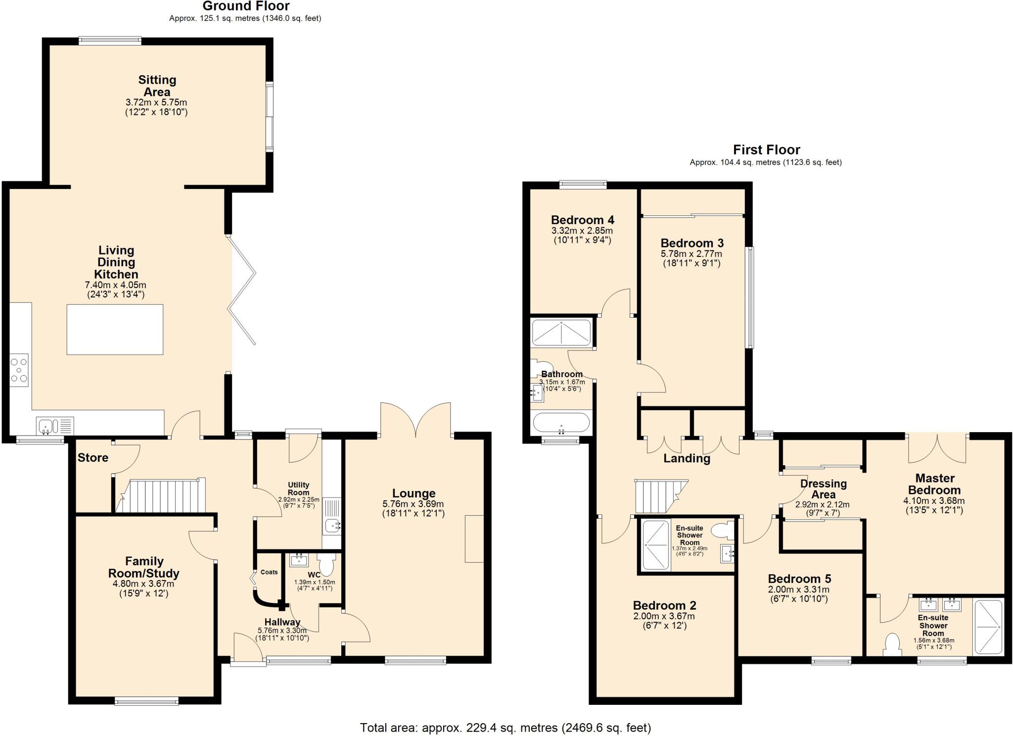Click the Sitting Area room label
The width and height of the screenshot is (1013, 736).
[157, 86]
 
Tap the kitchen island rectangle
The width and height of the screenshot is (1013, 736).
[115, 329]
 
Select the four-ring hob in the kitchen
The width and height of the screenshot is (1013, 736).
[19, 370]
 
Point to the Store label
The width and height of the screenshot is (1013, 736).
[93, 457]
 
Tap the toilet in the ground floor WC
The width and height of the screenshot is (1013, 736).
[326, 564]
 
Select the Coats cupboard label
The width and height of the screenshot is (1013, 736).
[269, 572]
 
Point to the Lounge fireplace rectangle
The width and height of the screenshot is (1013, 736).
[474, 539]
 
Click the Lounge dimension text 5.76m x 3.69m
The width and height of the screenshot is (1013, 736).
[413, 504]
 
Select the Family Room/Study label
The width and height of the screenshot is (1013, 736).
[143, 567]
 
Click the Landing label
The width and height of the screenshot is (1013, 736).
[687, 458]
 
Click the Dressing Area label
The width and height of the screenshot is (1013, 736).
[823, 489]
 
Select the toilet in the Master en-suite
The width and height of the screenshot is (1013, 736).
[892, 644]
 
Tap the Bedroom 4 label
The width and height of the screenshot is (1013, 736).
[582, 220]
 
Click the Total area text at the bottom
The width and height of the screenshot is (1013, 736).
[505, 727]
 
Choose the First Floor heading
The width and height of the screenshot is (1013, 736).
[766, 149]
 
